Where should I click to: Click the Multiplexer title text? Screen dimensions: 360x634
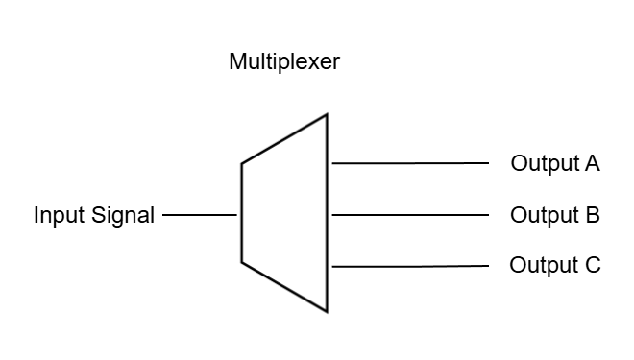284,63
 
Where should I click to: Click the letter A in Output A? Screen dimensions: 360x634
592,163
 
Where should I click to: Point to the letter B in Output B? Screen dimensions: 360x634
592,214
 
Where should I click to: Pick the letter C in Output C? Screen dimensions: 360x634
593,265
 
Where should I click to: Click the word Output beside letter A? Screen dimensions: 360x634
544,163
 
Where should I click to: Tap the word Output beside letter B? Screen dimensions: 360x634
544,214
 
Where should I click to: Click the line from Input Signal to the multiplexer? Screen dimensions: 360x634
200,215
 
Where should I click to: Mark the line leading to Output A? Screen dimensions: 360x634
410,163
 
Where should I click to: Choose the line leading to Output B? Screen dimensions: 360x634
410,215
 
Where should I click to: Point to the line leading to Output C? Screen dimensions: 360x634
410,266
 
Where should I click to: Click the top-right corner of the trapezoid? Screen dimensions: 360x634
328,114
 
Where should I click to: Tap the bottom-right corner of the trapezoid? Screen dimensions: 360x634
328,312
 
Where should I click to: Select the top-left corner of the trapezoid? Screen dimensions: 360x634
241,163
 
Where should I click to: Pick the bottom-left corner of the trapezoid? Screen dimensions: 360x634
241,261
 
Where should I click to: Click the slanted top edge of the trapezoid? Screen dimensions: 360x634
284,138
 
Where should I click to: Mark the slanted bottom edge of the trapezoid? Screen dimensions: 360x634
284,286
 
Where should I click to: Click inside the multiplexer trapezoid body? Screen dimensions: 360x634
284,213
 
